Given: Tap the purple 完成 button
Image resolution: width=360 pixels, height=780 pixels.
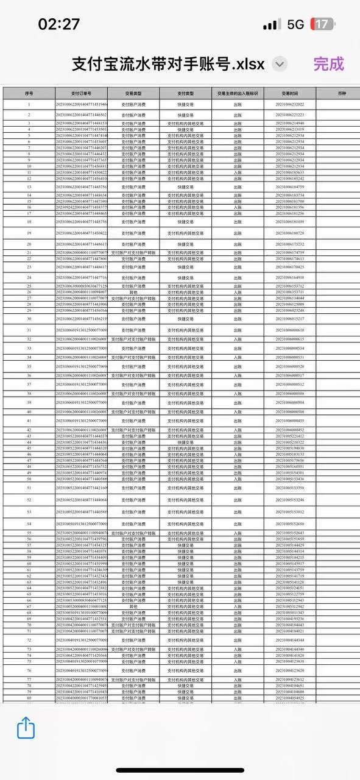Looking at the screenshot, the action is click(328, 64).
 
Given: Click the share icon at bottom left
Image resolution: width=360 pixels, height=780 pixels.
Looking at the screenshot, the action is click(26, 728).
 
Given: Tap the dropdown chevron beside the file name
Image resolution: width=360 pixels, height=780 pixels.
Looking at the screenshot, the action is click(280, 64).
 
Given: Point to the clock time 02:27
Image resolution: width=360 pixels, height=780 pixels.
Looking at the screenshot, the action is click(59, 24).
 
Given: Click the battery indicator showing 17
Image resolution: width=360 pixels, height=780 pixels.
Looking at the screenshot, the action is click(321, 24).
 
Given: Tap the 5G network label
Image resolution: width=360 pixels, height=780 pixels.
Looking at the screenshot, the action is click(295, 24).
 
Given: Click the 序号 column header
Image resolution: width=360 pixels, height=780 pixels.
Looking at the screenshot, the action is click(29, 94).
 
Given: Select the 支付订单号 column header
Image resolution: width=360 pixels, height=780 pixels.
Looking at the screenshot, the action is click(81, 94).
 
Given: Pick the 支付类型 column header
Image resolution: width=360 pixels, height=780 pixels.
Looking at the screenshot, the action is click(186, 94).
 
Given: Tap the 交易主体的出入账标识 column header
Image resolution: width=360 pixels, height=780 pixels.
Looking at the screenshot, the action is click(238, 94).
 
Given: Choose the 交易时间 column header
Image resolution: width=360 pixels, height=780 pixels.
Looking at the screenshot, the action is click(290, 94).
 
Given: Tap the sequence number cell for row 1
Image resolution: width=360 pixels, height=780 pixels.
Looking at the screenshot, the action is click(29, 105).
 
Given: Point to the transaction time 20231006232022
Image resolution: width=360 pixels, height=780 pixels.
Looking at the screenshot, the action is click(290, 105).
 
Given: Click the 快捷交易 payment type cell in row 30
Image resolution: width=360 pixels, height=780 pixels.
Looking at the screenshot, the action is click(186, 319).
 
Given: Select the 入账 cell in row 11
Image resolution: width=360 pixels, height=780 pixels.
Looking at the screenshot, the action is click(238, 172).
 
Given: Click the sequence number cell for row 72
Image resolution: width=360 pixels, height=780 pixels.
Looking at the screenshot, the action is click(29, 640).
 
